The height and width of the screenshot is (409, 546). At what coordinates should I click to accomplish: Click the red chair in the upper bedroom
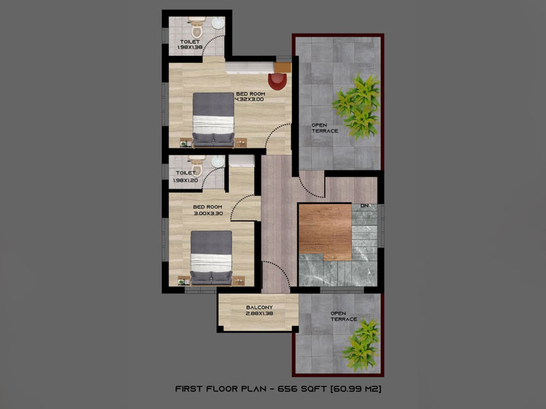click(278, 81)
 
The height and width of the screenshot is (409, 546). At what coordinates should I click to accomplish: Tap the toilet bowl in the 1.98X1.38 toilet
click(197, 28)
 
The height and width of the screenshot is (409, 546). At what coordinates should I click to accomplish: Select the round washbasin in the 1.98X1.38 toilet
click(218, 24)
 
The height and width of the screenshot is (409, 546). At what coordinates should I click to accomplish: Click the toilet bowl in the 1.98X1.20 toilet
click(197, 166)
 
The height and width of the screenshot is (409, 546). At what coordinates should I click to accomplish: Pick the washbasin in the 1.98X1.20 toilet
click(218, 162)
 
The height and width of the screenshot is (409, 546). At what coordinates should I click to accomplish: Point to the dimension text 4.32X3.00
click(249, 100)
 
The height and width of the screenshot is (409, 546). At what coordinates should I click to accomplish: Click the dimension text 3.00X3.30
click(208, 213)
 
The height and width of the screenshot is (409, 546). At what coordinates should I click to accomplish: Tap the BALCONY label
click(259, 307)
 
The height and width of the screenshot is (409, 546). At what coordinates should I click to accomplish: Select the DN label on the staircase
click(364, 206)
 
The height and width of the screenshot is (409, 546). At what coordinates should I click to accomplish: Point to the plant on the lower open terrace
click(361, 344)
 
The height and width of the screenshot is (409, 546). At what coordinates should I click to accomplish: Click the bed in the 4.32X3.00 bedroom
click(213, 119)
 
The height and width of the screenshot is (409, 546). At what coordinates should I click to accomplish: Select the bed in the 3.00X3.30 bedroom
click(212, 258)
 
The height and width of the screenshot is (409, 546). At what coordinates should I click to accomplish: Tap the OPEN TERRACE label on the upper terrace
click(325, 128)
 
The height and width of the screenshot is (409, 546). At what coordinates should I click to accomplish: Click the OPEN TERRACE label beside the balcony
click(344, 316)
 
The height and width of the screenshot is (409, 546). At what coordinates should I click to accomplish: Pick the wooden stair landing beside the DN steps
click(325, 232)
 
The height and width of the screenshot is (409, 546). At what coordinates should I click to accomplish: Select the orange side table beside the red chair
click(283, 67)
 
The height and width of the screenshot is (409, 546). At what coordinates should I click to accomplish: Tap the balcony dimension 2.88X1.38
click(259, 314)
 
